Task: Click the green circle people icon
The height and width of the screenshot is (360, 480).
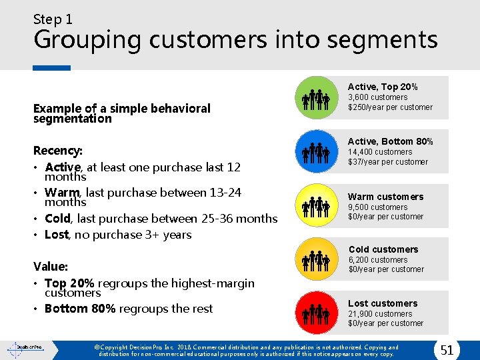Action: (x=316, y=98)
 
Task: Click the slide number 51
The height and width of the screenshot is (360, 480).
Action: (x=447, y=349)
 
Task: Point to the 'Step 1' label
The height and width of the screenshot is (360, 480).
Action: (x=53, y=19)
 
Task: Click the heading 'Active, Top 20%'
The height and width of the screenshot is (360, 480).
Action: (x=383, y=87)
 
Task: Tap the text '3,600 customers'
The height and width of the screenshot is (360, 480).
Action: (x=378, y=97)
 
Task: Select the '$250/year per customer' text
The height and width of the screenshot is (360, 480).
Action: (x=390, y=107)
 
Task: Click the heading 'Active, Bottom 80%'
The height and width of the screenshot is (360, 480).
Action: (x=391, y=141)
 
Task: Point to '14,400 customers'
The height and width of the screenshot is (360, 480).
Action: (x=380, y=152)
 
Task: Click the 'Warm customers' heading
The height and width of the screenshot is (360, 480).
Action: (x=385, y=197)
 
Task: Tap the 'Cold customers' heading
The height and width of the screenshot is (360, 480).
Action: (x=383, y=249)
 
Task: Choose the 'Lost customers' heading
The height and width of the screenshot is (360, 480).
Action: (x=383, y=303)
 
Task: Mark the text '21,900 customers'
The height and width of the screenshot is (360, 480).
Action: (x=380, y=314)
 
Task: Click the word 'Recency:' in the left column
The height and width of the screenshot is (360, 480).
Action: (x=58, y=151)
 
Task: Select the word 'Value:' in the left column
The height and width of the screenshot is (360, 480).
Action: (x=51, y=267)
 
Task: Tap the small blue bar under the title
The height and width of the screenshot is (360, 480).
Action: (x=52, y=67)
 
